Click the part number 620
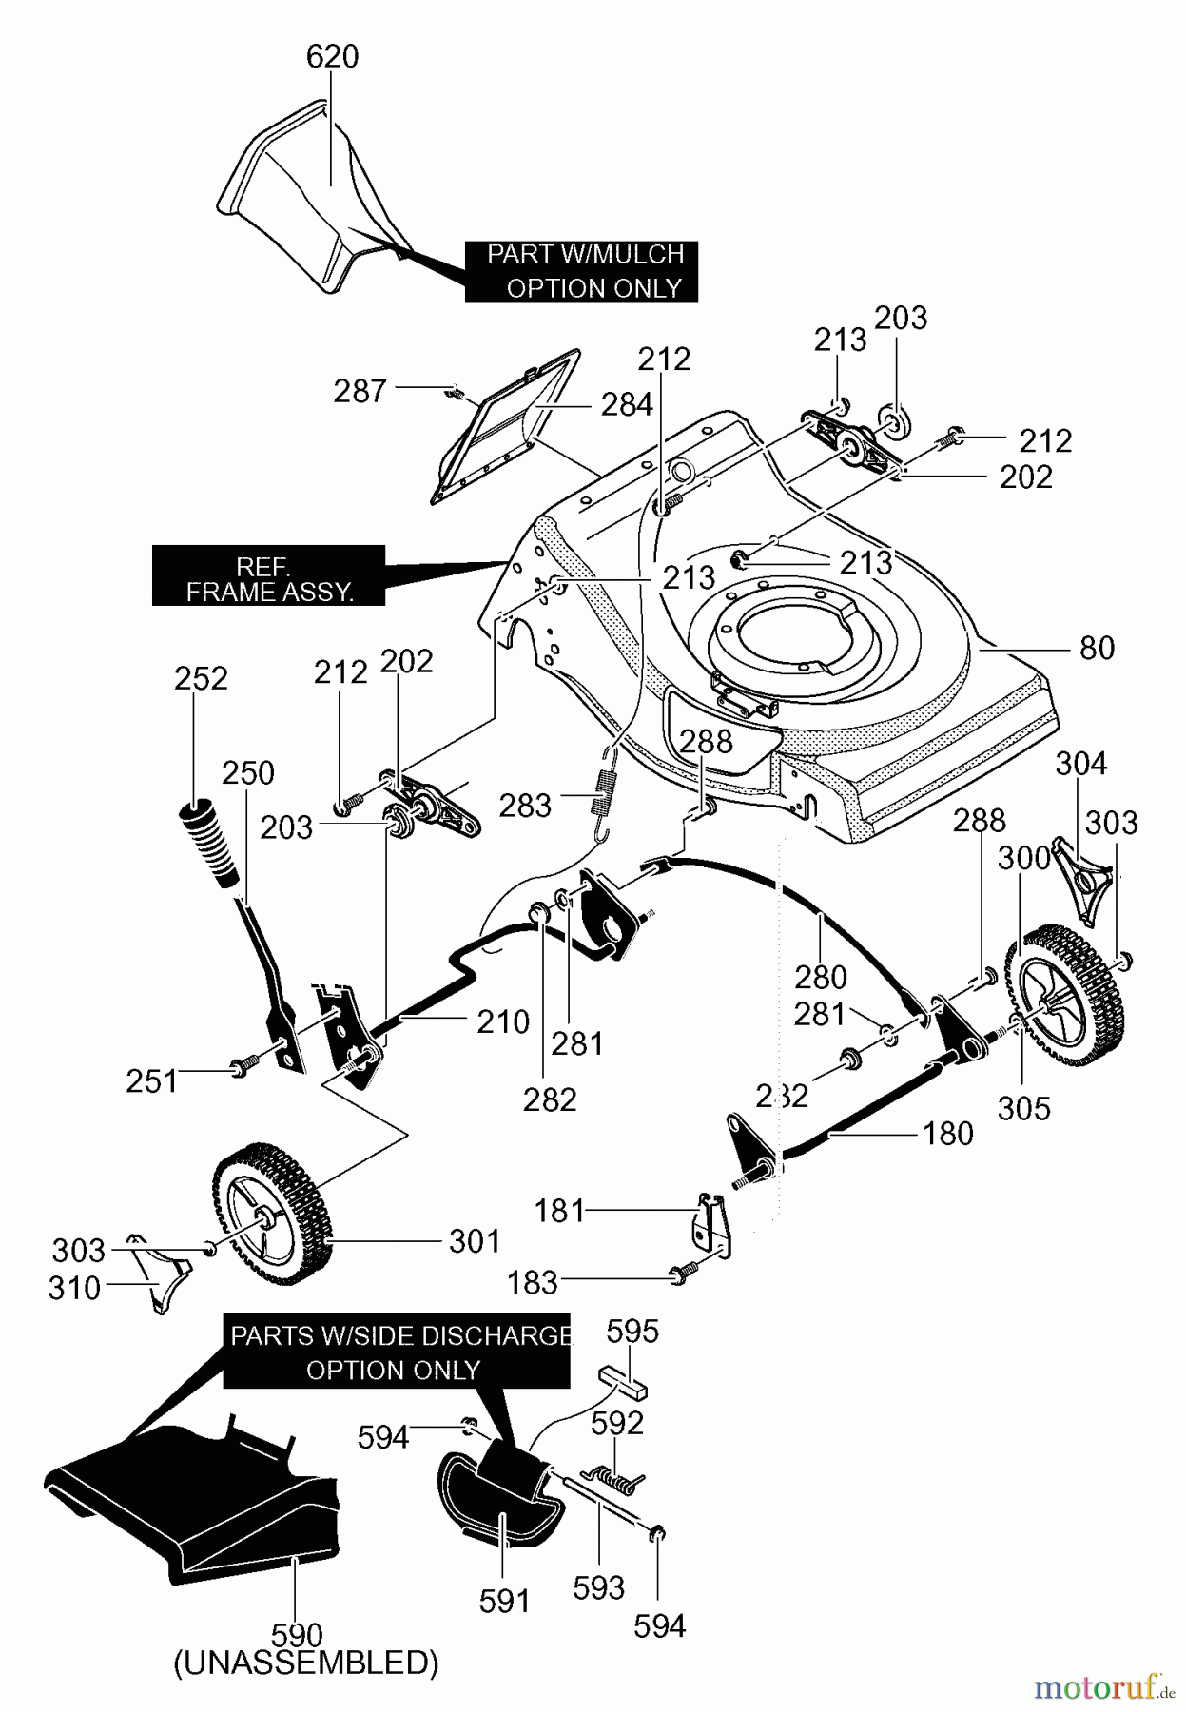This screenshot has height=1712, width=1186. [x=332, y=57]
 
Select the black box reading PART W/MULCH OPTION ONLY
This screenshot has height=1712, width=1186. [x=582, y=271]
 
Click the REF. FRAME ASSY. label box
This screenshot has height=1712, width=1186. [x=269, y=575]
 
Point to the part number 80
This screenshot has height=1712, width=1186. [x=1097, y=648]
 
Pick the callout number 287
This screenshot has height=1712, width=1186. [x=360, y=391]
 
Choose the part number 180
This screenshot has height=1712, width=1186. [x=948, y=1134]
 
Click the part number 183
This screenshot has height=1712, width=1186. [x=532, y=1282]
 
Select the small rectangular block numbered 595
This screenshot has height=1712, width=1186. [x=622, y=1381]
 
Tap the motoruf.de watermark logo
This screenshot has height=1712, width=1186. [x=1104, y=1688]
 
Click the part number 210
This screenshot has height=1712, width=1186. [x=503, y=1022]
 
